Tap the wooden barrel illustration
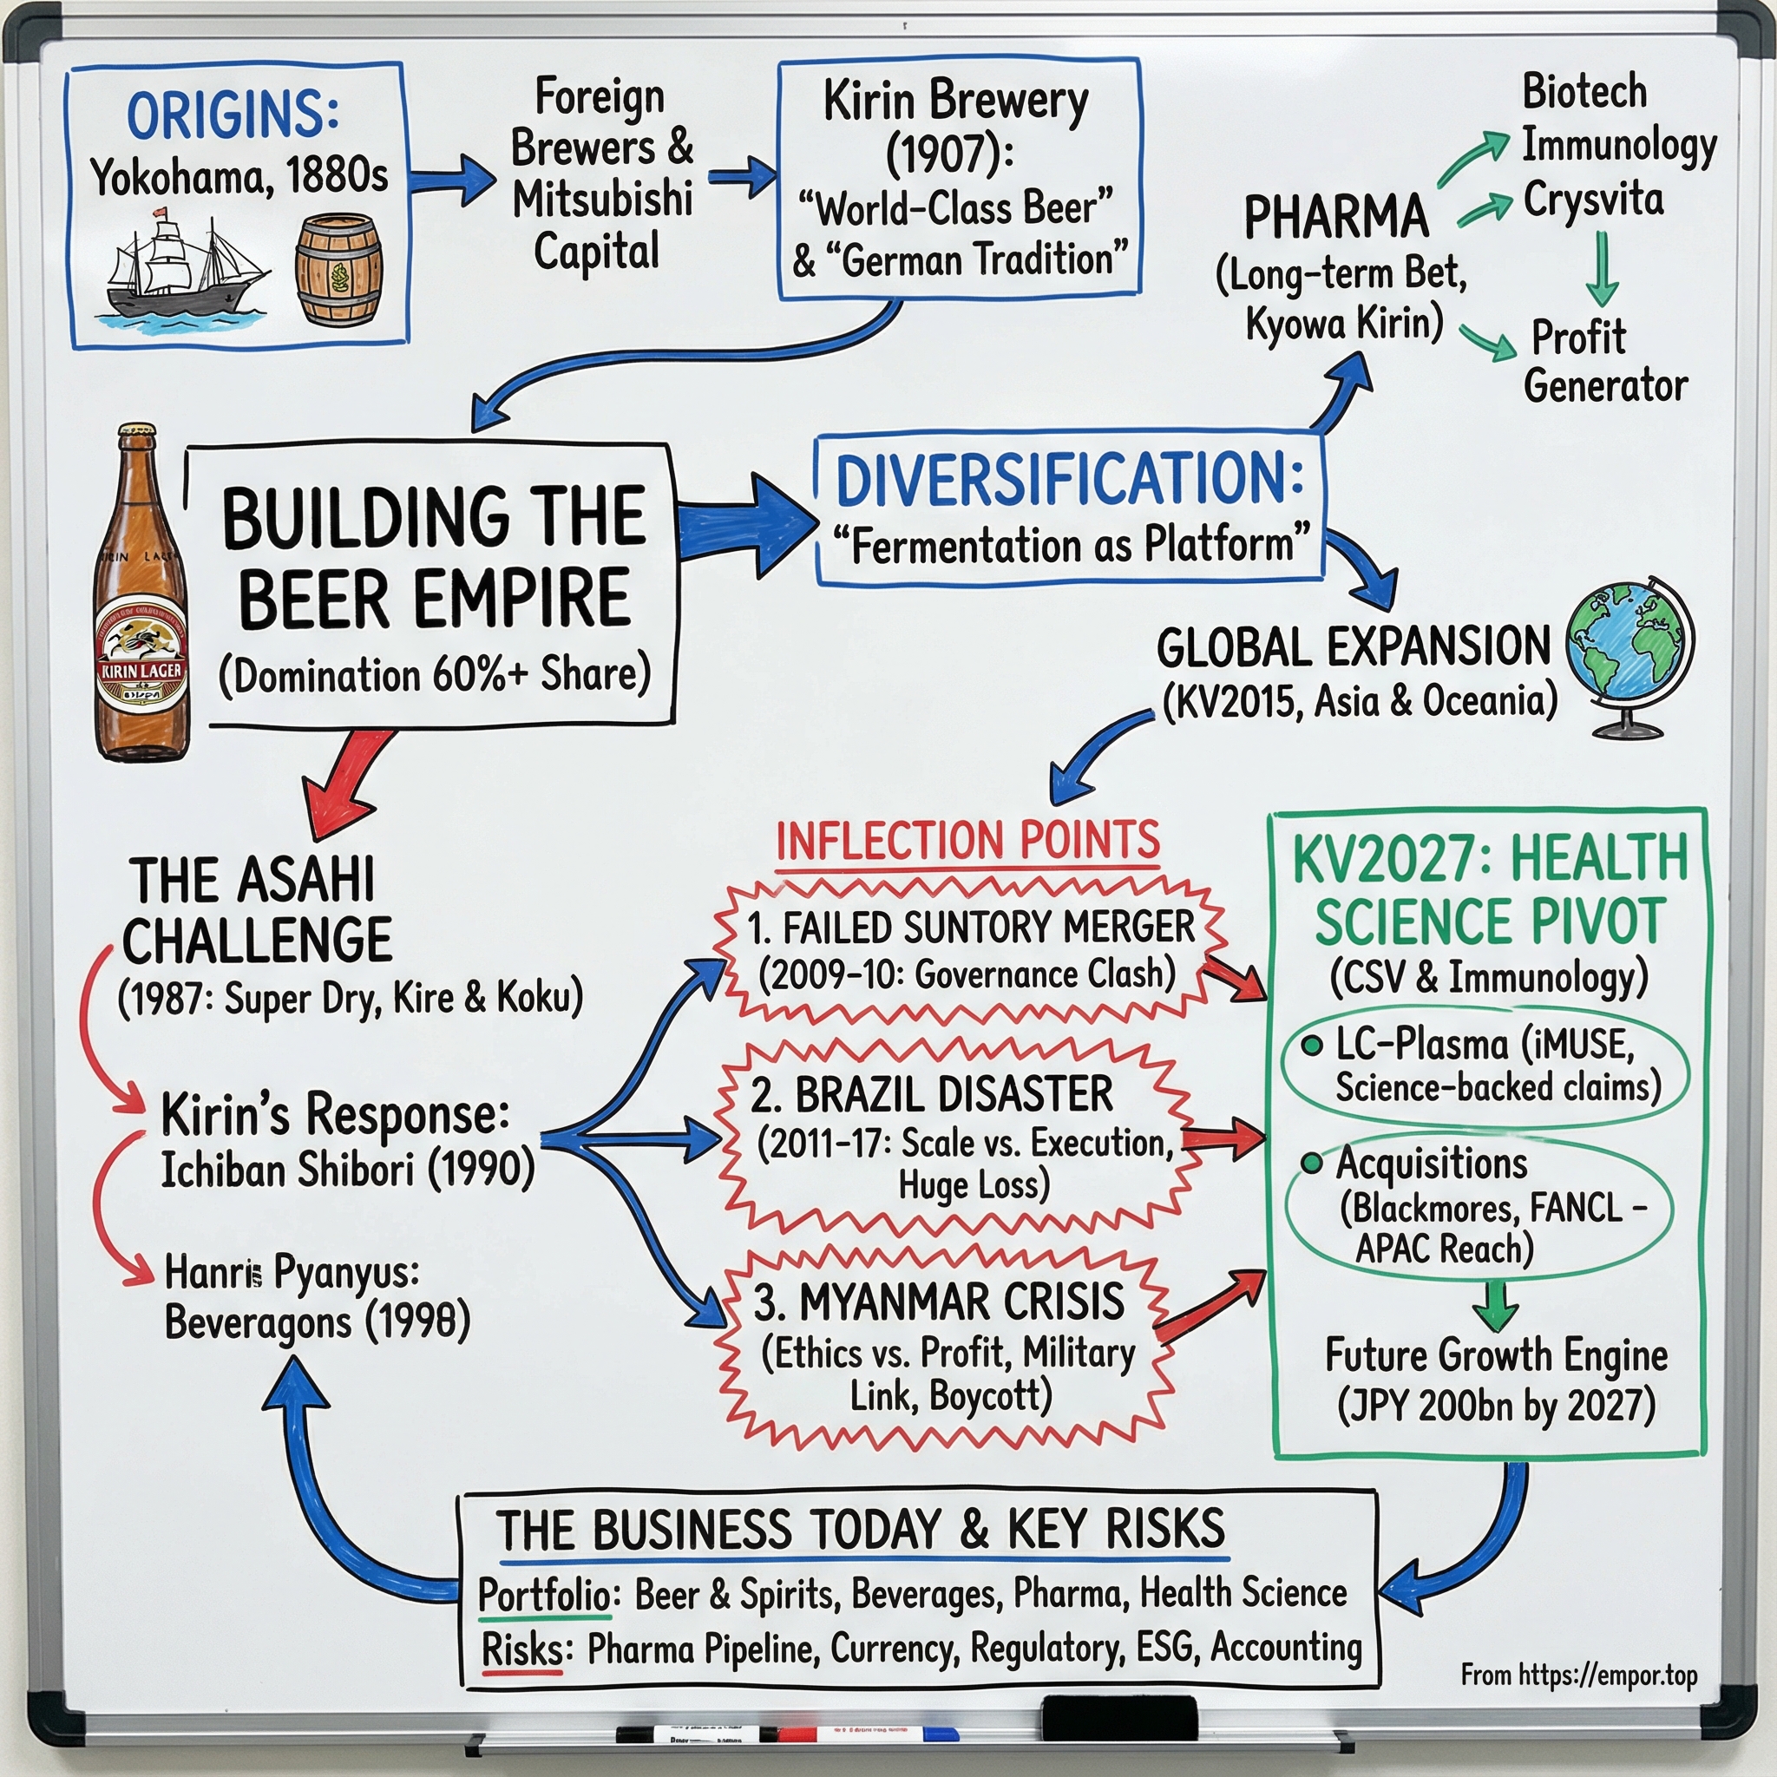click(x=338, y=272)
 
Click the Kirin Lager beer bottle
click(x=142, y=598)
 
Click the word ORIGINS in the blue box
click(x=232, y=116)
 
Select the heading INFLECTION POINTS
click(x=967, y=841)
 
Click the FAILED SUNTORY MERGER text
click(x=970, y=928)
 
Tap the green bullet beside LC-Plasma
click(x=1313, y=1045)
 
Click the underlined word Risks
click(x=521, y=1649)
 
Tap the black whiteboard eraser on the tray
click(x=1119, y=1716)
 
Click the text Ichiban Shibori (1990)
click(x=348, y=1170)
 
